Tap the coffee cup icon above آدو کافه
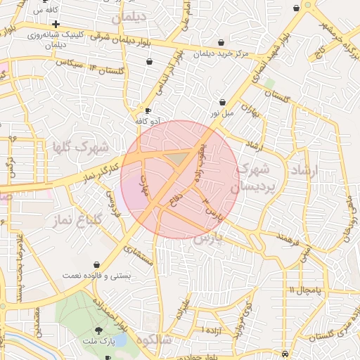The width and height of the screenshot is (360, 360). coord(148,110)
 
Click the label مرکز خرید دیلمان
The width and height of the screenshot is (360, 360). coord(221,54)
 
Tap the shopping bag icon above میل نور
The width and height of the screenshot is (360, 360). coord(222,102)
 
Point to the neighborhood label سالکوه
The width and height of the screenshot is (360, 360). coord(155,340)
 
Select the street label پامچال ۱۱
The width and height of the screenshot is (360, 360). coord(304,290)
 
